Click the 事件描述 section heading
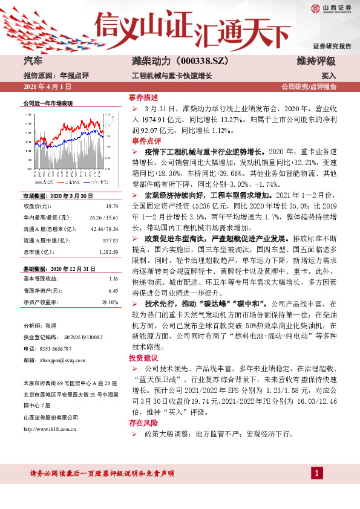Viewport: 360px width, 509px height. (x=143, y=97)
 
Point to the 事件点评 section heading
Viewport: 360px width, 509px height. (x=143, y=140)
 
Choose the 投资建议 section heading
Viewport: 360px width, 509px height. (x=143, y=358)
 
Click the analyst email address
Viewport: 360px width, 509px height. (x=56, y=360)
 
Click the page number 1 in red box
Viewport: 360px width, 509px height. (x=317, y=473)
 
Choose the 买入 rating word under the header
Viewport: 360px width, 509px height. (x=329, y=76)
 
